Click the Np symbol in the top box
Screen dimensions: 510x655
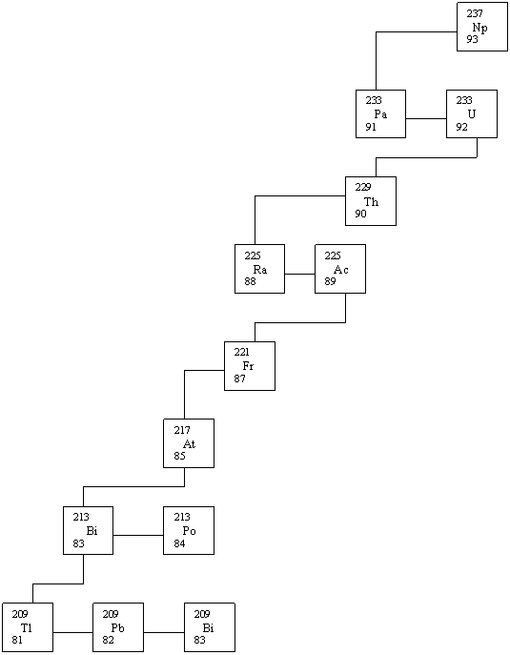point(479,28)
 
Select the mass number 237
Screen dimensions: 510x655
point(475,13)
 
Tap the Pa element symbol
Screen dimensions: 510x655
point(380,114)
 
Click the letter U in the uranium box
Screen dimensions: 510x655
point(472,114)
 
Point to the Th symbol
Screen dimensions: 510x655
point(372,202)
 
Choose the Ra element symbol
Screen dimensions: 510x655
point(260,270)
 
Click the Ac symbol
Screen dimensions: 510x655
point(341,270)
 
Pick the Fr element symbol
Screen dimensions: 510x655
point(248,366)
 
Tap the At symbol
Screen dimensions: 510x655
point(189,443)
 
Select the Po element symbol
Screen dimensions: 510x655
point(189,530)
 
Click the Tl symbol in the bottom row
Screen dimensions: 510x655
point(27,628)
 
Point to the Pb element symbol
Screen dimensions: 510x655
point(117,628)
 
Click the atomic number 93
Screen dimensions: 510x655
point(473,39)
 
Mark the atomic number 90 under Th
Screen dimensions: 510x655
point(360,214)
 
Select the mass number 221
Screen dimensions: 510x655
point(241,352)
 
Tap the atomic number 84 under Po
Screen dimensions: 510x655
point(179,543)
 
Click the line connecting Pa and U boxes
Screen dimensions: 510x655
point(426,118)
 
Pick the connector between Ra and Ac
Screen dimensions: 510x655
point(300,274)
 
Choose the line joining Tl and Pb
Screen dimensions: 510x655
point(73,632)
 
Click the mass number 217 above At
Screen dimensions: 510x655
point(182,430)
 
